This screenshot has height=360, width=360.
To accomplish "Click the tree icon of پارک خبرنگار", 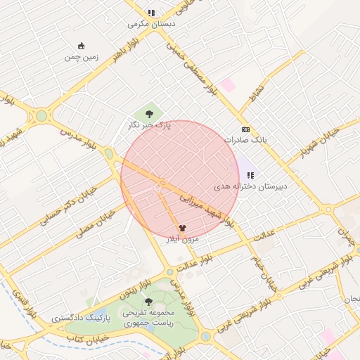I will [148, 112].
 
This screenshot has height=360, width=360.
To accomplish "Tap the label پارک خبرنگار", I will [153, 125].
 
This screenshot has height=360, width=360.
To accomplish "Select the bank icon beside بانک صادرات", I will [245, 129].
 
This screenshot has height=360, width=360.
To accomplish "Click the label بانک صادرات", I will [245, 140].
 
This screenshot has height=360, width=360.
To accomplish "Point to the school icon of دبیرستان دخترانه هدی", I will [250, 175].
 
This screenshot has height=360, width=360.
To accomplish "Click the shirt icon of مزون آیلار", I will [183, 228].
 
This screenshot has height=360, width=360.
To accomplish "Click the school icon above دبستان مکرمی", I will [150, 12].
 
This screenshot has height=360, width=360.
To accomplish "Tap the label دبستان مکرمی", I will [150, 23].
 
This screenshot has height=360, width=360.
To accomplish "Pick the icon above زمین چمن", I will [82, 46].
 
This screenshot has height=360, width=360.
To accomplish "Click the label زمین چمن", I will [81, 57].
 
